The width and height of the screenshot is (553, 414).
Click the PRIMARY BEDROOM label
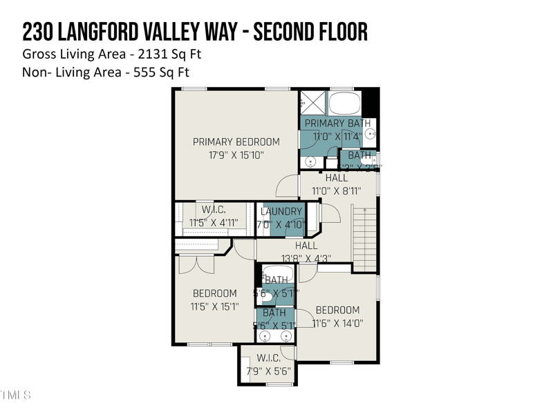pyautogui.click(x=236, y=142)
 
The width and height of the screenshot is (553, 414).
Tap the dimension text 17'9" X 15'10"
pyautogui.click(x=236, y=155)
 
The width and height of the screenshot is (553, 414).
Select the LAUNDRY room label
pyautogui.click(x=281, y=212)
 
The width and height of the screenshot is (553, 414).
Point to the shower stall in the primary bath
pyautogui.click(x=312, y=103)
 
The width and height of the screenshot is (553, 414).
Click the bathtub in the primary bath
pyautogui.click(x=344, y=104)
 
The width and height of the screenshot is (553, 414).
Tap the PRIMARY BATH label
pyautogui.click(x=338, y=124)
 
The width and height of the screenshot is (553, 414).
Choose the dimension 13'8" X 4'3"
pyautogui.click(x=306, y=258)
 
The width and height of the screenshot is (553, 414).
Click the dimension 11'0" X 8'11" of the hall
pyautogui.click(x=337, y=190)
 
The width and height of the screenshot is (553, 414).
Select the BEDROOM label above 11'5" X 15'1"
pyautogui.click(x=214, y=293)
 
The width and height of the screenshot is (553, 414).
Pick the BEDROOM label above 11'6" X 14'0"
pyautogui.click(x=337, y=310)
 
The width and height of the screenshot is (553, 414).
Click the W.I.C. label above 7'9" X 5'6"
pyautogui.click(x=268, y=358)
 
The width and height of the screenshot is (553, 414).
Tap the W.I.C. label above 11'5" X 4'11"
pyautogui.click(x=214, y=210)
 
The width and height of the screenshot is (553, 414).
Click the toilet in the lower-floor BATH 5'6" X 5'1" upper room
pyautogui.click(x=265, y=294)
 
